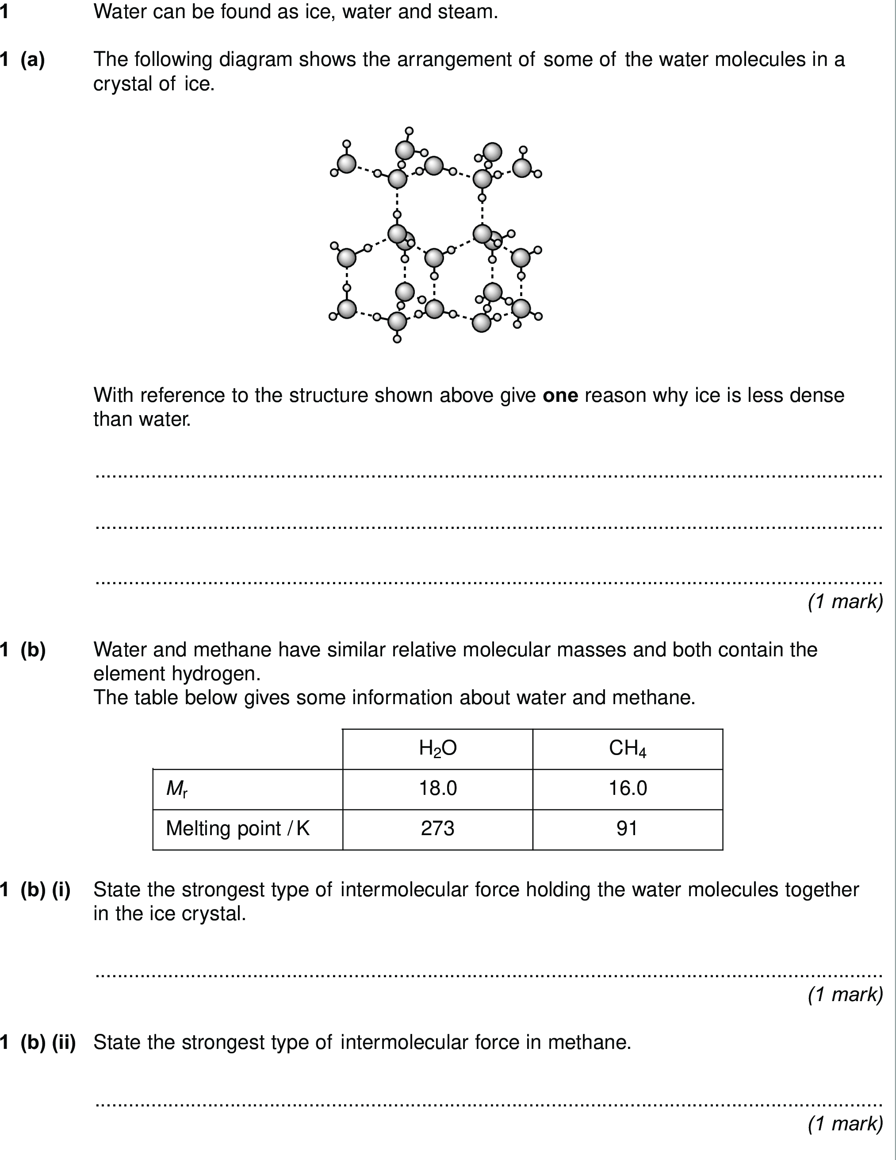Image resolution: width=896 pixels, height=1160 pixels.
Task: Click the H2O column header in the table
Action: click(x=437, y=748)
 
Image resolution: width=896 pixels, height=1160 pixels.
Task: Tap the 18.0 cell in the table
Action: click(x=437, y=788)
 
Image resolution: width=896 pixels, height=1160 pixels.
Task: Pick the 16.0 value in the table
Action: click(x=628, y=788)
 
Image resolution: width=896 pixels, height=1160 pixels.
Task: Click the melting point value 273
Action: click(x=437, y=829)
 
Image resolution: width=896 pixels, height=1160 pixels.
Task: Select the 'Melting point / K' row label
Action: click(x=237, y=829)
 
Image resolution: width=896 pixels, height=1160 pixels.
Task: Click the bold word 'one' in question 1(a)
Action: click(x=560, y=395)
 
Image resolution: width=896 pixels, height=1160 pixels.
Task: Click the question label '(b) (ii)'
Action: click(x=48, y=1042)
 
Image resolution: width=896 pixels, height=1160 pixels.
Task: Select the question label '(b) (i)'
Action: click(x=46, y=890)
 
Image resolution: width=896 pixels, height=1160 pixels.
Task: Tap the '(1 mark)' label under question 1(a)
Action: click(x=845, y=601)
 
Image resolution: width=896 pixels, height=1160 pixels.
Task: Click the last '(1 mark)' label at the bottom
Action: click(x=845, y=1123)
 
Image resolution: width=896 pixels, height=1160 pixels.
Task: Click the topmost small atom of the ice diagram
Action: click(x=409, y=131)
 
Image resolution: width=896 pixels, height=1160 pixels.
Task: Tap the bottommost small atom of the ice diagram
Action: click(x=397, y=339)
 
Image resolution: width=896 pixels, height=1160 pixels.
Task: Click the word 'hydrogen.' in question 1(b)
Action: click(x=216, y=674)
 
